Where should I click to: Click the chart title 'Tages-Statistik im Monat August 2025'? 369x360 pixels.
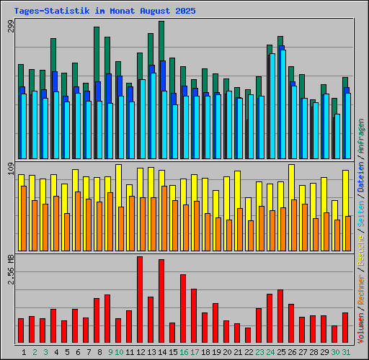tap(105, 11)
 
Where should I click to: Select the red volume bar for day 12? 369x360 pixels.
tap(140, 300)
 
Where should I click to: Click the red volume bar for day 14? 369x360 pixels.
tap(161, 301)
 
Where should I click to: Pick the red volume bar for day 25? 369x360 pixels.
tap(280, 316)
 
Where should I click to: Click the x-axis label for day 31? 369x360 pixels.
tap(346, 351)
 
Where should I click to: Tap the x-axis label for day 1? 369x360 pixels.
tap(25, 351)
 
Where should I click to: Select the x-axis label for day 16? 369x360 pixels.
tap(184, 351)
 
